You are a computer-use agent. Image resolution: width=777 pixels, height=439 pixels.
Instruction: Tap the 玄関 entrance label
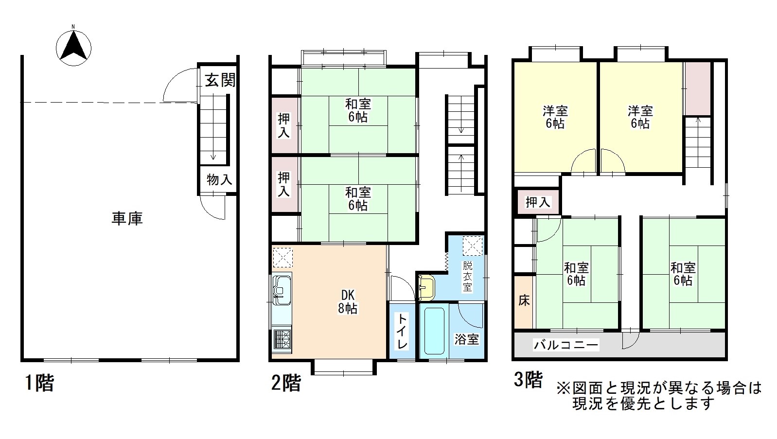[x=220, y=80]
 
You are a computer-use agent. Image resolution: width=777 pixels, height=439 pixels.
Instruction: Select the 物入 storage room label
[x=219, y=179]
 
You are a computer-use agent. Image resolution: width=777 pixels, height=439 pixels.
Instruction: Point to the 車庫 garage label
[x=127, y=218]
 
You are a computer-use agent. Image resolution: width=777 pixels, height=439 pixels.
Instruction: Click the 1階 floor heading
[x=39, y=383]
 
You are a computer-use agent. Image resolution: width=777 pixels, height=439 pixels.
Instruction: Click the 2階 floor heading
[x=286, y=383]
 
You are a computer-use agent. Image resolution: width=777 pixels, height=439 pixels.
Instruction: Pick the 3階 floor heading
[x=528, y=379]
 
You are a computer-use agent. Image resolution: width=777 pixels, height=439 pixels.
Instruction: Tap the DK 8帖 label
[x=348, y=302]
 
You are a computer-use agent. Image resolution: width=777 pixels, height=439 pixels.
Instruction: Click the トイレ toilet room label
[x=402, y=331]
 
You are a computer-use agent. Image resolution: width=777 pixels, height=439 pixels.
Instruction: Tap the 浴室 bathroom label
[x=467, y=339]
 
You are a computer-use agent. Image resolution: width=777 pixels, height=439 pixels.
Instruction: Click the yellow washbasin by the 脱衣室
[x=426, y=287]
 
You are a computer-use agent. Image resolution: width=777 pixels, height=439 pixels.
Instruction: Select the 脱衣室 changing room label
[x=467, y=276]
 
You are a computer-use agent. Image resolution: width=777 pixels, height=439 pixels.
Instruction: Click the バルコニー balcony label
[x=566, y=345]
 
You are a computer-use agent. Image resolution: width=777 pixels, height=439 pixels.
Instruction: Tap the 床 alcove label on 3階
[x=524, y=300]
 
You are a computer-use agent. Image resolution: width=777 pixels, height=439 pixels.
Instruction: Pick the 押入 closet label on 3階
[x=538, y=202]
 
